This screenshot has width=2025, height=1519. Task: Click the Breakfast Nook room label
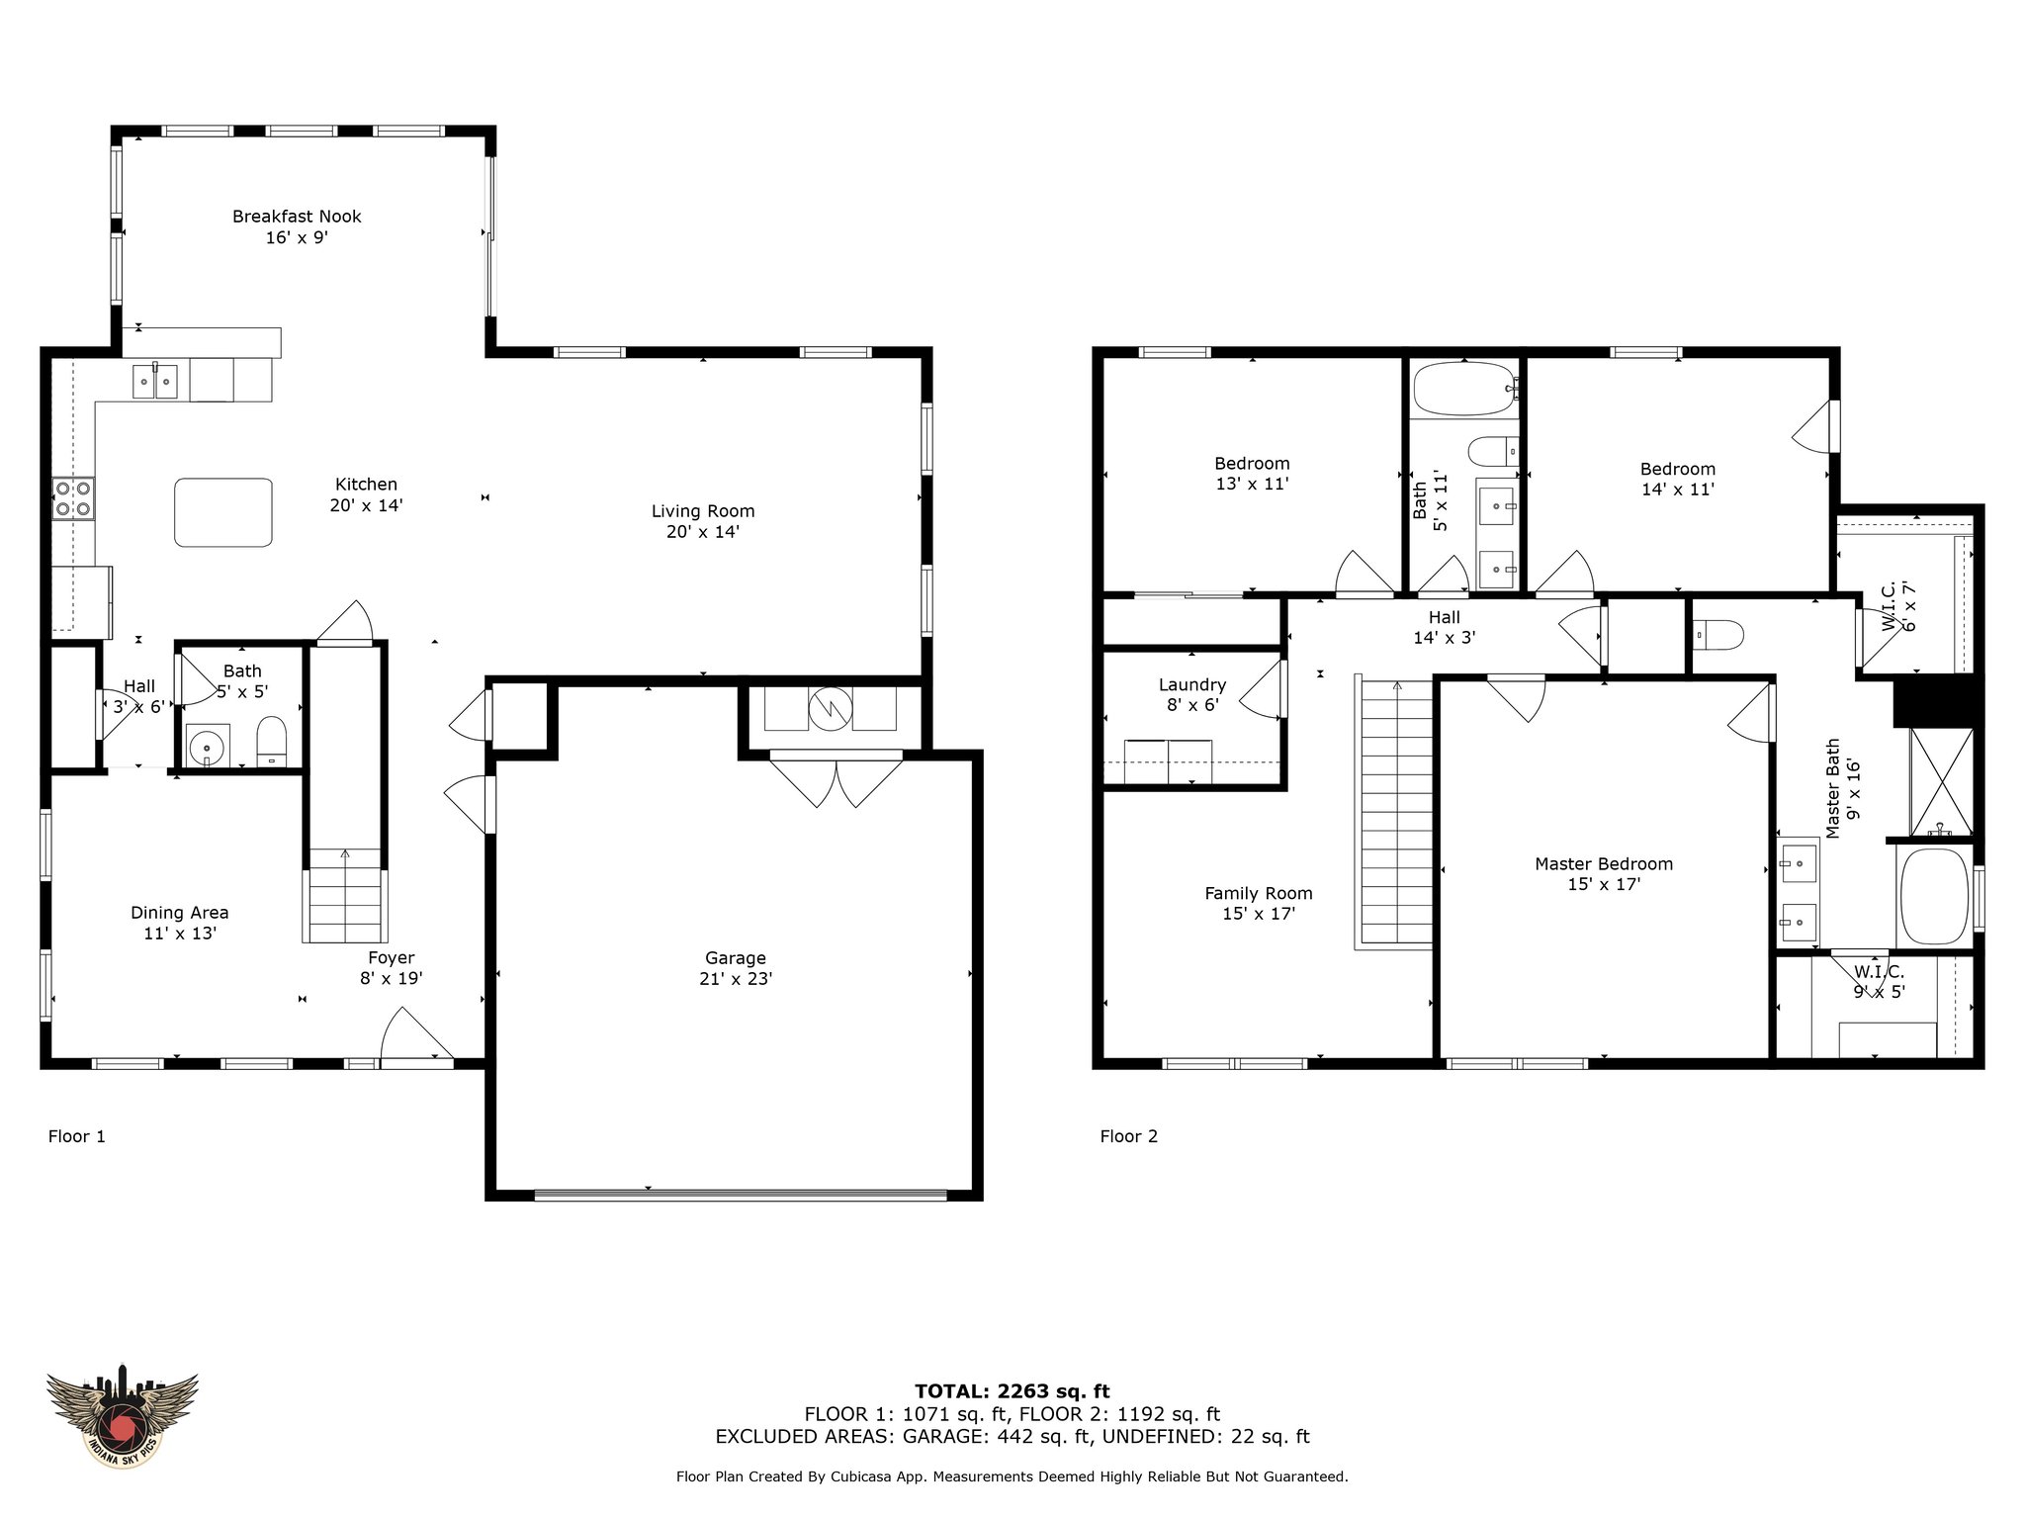297,226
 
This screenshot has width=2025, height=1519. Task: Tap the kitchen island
223,512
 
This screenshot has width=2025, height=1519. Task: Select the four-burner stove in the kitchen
73,498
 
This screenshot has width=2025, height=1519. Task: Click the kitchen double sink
155,380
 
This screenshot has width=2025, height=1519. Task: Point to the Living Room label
703,521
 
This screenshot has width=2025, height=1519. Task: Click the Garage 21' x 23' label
735,968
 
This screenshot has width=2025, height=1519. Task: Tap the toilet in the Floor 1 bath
271,743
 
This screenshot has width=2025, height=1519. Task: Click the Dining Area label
180,923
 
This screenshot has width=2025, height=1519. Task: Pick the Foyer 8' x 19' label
392,968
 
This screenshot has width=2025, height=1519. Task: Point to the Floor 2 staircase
1393,811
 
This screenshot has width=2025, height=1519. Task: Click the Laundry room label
1192,694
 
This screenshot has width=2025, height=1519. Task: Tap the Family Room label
1259,903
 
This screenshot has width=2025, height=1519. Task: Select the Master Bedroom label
1604,873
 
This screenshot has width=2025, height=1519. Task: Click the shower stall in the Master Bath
1941,782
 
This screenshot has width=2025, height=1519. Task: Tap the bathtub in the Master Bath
1933,896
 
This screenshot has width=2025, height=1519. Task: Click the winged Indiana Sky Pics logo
123,1414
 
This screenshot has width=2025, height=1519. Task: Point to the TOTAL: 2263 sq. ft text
1012,1391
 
